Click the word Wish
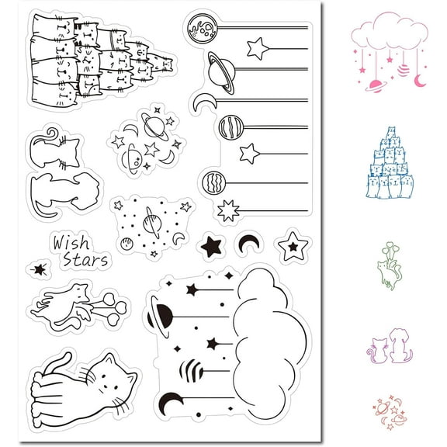pos(71,243)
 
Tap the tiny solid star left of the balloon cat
pos(36,269)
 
